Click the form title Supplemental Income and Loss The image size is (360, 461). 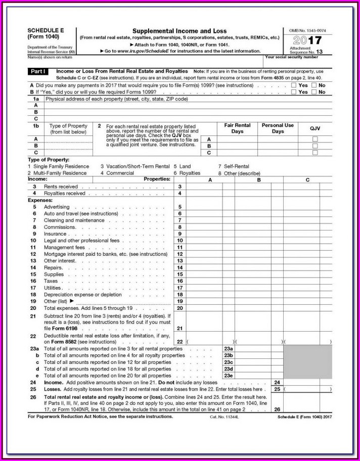click(x=179, y=31)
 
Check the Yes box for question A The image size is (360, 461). click(x=294, y=85)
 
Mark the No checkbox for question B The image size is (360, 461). click(x=314, y=92)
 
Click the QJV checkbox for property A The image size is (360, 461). click(x=315, y=139)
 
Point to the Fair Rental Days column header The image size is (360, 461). click(x=237, y=128)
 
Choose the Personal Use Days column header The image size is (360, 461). click(x=278, y=128)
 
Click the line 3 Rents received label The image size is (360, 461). click(x=61, y=187)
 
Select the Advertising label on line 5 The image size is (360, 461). click(x=57, y=207)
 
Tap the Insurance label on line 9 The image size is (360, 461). click(x=55, y=234)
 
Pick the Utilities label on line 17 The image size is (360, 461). click(x=53, y=288)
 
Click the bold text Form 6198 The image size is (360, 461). click(x=58, y=328)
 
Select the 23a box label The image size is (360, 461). click(x=229, y=349)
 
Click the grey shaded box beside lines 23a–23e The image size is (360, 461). click(x=308, y=362)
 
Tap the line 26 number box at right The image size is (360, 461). click(x=277, y=409)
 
